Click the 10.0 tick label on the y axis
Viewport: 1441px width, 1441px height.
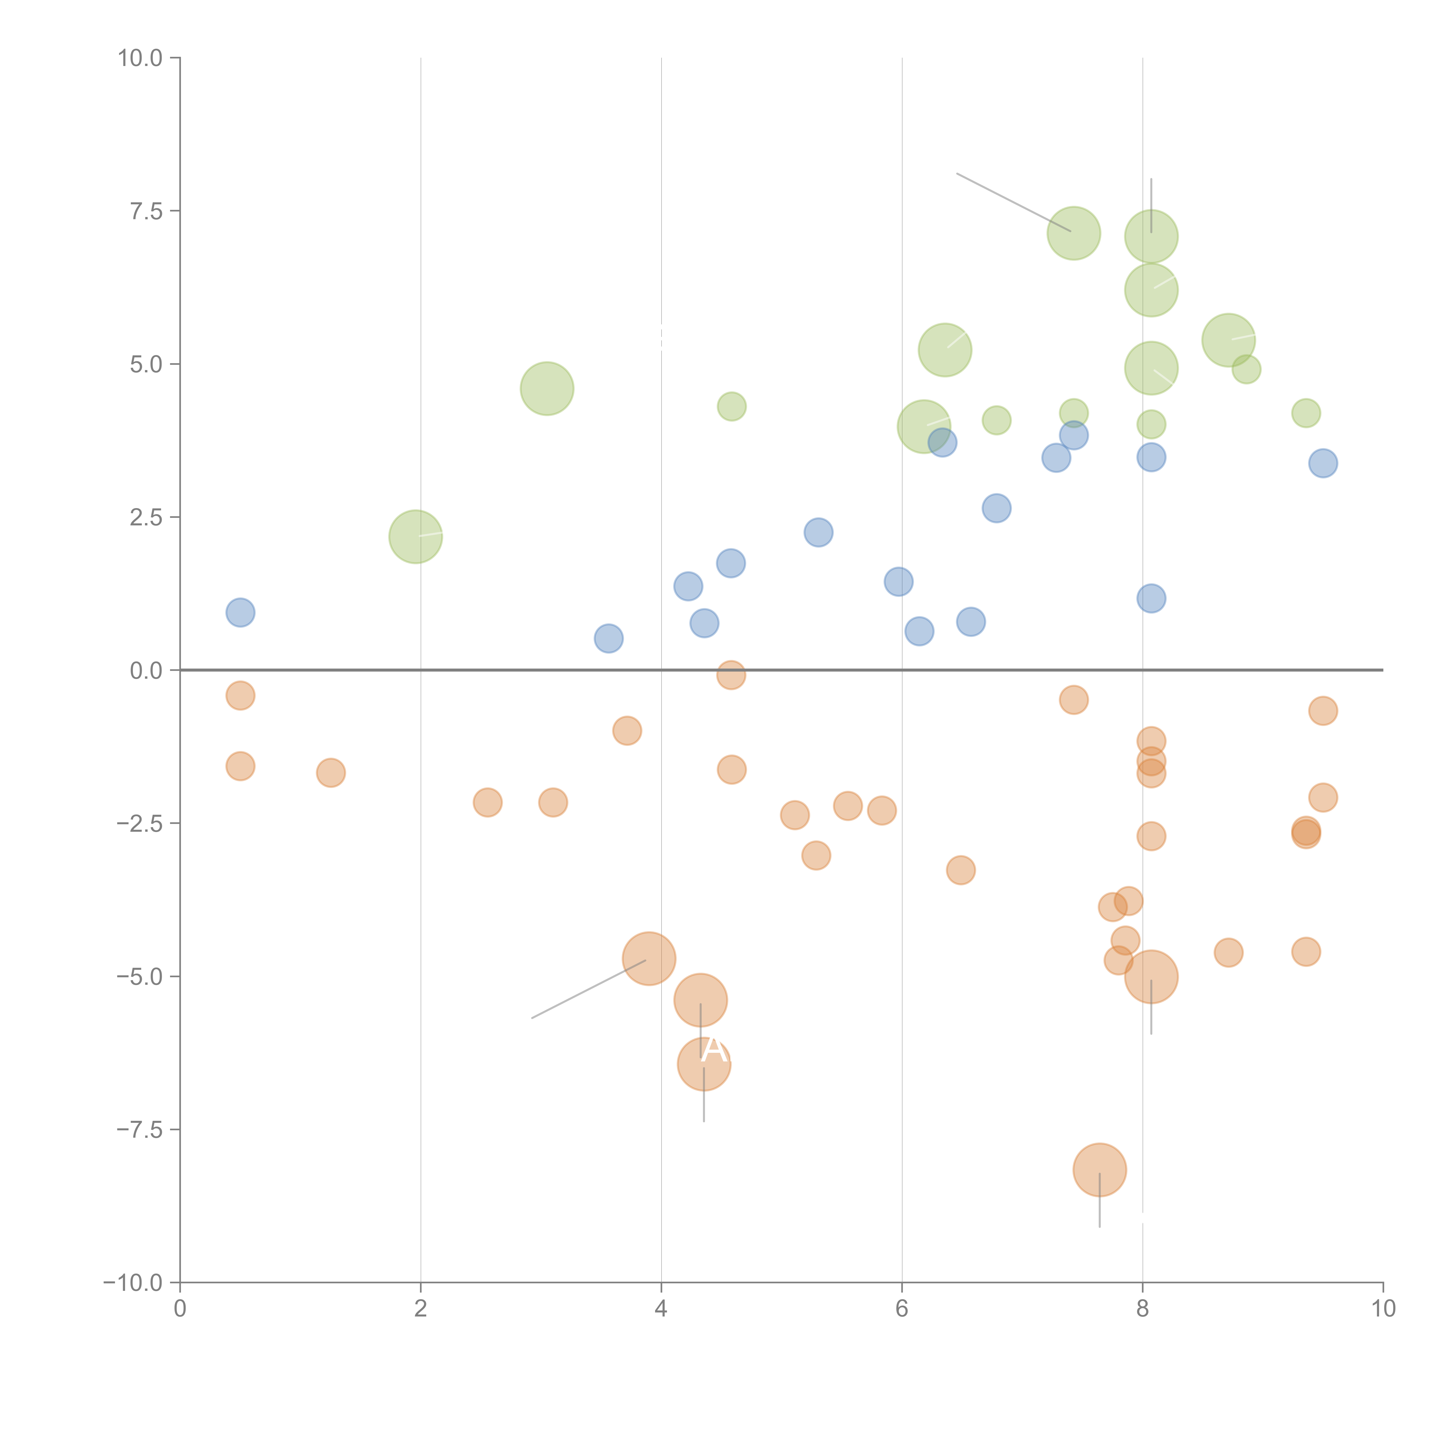[x=140, y=58]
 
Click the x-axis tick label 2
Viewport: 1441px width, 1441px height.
[x=421, y=1309]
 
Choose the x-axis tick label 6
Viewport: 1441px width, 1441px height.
[x=902, y=1309]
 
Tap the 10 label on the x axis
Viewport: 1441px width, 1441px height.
[x=1383, y=1309]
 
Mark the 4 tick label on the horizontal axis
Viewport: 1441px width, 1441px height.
[x=661, y=1309]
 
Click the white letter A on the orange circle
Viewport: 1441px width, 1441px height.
[x=714, y=1050]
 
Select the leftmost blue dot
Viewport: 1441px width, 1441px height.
[x=240, y=612]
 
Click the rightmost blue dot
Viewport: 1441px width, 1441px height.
[x=1323, y=463]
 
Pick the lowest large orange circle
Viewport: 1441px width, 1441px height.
[x=1099, y=1170]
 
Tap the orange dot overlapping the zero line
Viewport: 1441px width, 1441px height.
[x=731, y=675]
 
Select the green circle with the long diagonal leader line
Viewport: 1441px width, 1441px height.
[x=1073, y=233]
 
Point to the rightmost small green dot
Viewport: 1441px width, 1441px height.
[x=1305, y=412]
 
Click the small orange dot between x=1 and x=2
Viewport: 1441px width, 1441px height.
[x=330, y=773]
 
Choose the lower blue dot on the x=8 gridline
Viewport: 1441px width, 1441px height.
[x=1151, y=598]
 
